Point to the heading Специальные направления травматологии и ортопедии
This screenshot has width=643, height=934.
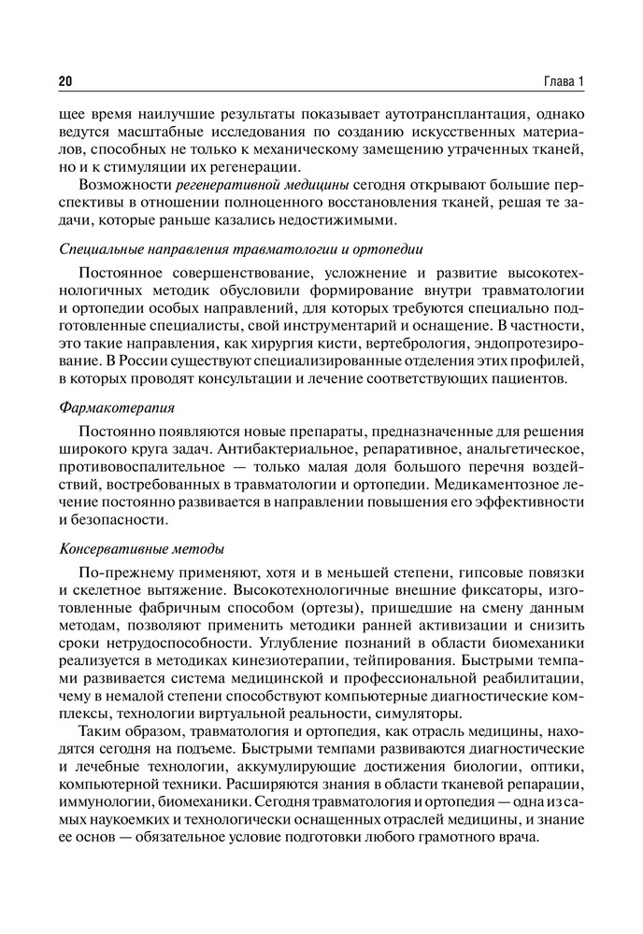(x=241, y=249)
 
